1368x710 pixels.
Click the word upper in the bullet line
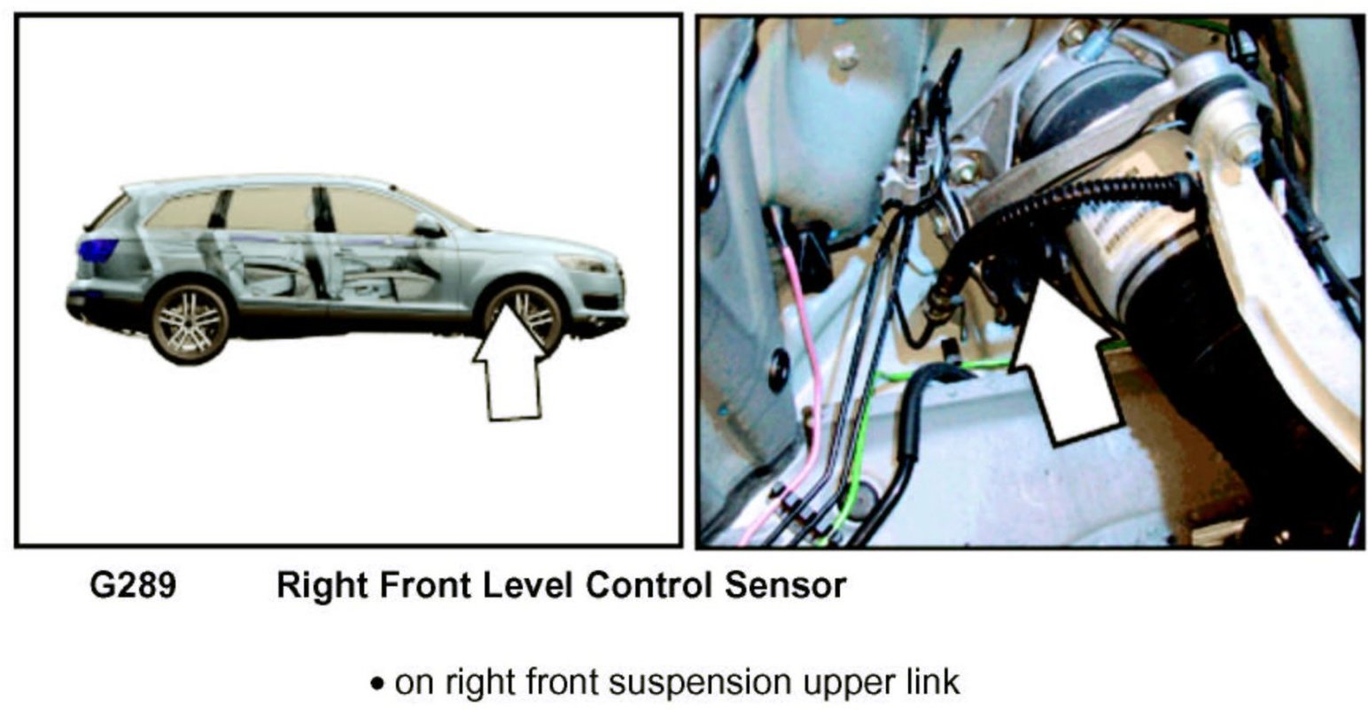click(x=829, y=683)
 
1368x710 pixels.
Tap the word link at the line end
click(x=929, y=683)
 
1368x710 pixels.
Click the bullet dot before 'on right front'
click(x=378, y=685)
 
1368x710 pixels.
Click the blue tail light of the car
click(x=97, y=251)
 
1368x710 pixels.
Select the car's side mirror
click(x=427, y=227)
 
